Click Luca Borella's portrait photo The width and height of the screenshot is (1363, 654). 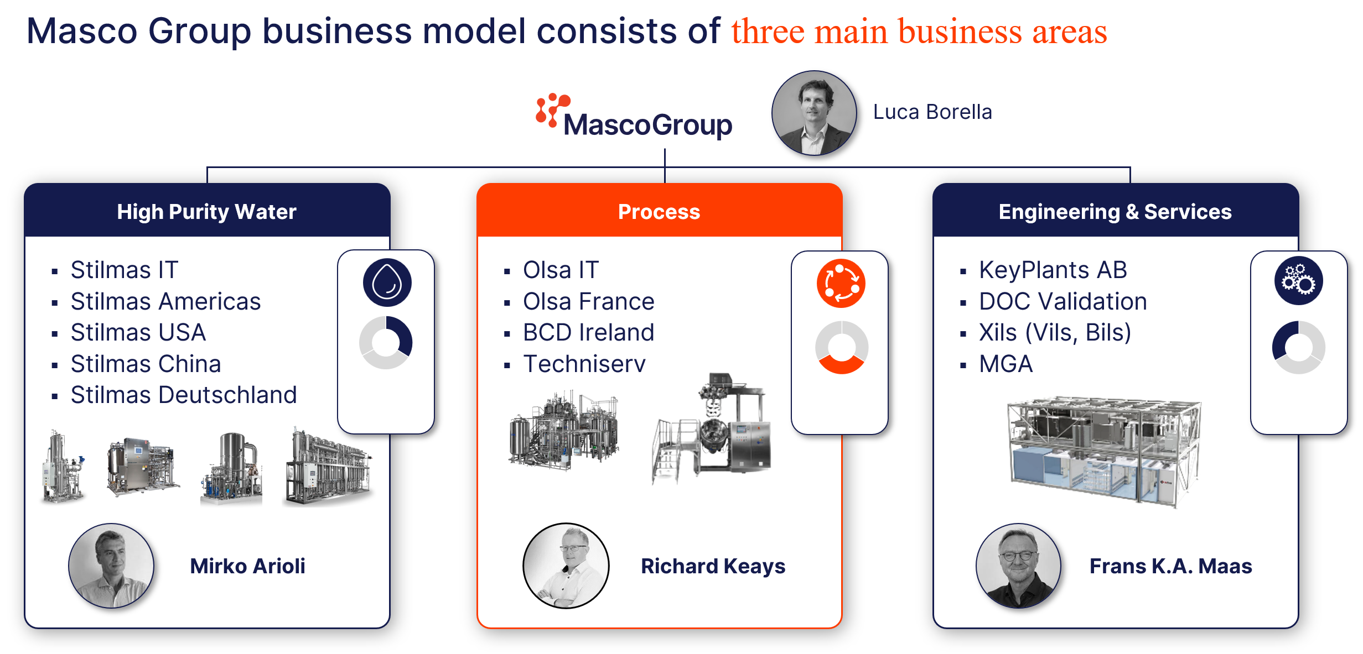(814, 113)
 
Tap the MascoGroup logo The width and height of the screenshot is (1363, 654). (634, 116)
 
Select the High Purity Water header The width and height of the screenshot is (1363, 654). (207, 211)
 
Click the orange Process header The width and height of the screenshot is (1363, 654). (659, 211)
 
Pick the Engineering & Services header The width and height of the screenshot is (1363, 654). (1115, 211)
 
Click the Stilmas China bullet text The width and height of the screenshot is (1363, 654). (146, 364)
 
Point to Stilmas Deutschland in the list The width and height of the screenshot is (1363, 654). (184, 395)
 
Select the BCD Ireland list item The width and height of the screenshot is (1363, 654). (589, 332)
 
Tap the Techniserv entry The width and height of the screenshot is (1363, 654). (584, 364)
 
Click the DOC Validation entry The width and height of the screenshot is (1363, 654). (1063, 301)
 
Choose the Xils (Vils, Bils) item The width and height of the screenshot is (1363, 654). (1055, 332)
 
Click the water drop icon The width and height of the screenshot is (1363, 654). (387, 282)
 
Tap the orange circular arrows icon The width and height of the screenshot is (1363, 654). (841, 283)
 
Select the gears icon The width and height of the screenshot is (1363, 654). (1299, 280)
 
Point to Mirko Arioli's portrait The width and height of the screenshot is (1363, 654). (111, 566)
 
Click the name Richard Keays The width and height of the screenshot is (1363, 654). (713, 566)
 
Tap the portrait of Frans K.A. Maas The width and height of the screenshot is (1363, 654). (1019, 566)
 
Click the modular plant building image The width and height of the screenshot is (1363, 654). (1104, 451)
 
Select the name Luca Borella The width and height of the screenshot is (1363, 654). (932, 112)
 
